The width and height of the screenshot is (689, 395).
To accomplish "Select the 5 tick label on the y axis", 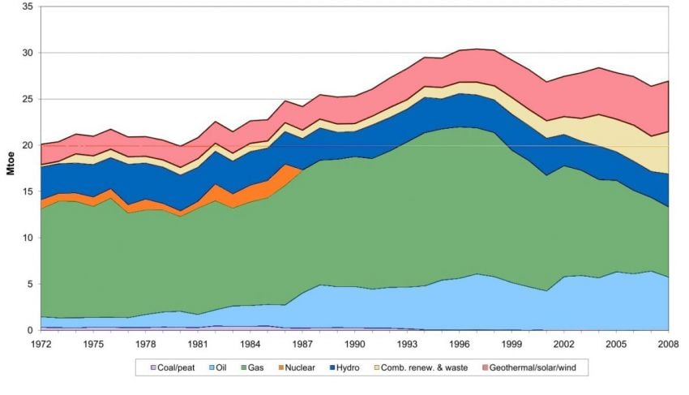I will click(x=29, y=284).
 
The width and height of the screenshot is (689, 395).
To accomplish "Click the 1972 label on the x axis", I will click(x=41, y=344).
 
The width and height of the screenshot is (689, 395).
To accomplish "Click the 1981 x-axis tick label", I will click(x=200, y=344).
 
